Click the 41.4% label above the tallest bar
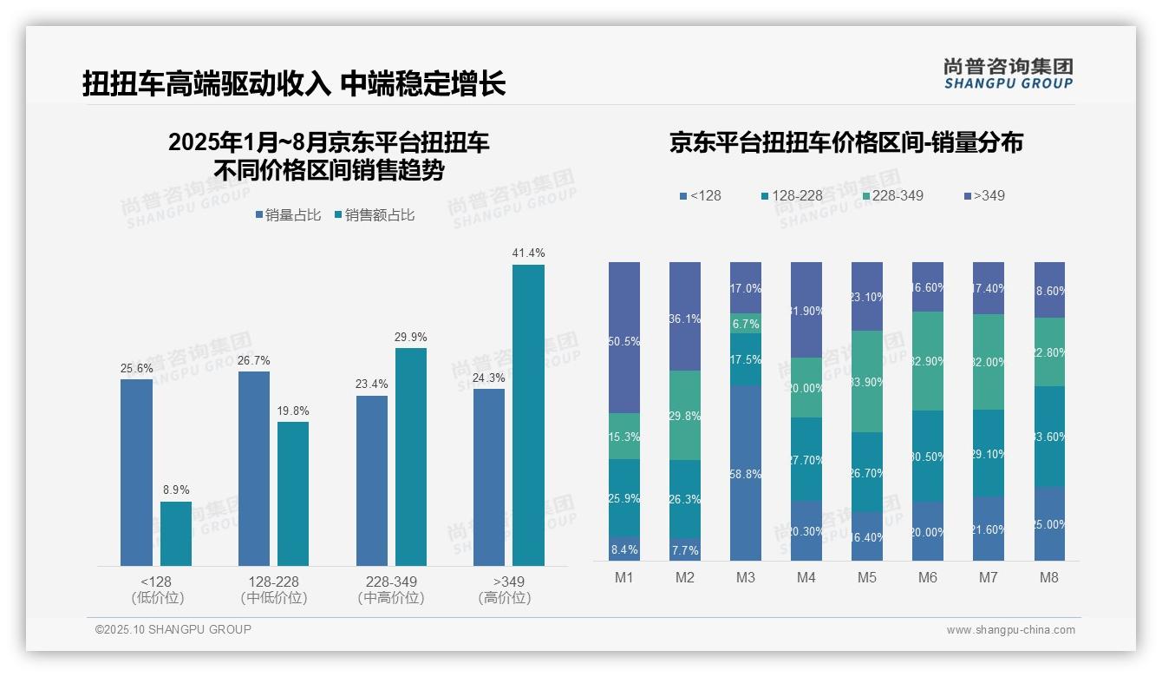coord(528,253)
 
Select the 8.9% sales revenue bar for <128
coord(176,534)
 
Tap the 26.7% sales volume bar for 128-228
coord(254,469)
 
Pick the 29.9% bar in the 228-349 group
coord(411,457)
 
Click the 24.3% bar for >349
coord(489,477)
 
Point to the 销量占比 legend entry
coord(288,215)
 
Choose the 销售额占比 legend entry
coord(374,215)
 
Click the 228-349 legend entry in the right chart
coord(891,195)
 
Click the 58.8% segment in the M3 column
coord(746,473)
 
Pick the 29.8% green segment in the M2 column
coord(685,415)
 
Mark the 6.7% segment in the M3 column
coord(746,324)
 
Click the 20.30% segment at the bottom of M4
coord(806,530)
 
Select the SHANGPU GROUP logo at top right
coord(1008,74)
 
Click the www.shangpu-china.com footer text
coord(1010,630)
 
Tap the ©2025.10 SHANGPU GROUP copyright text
coord(173,629)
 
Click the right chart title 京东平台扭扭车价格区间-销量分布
coord(845,142)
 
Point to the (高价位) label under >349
coord(505,598)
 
